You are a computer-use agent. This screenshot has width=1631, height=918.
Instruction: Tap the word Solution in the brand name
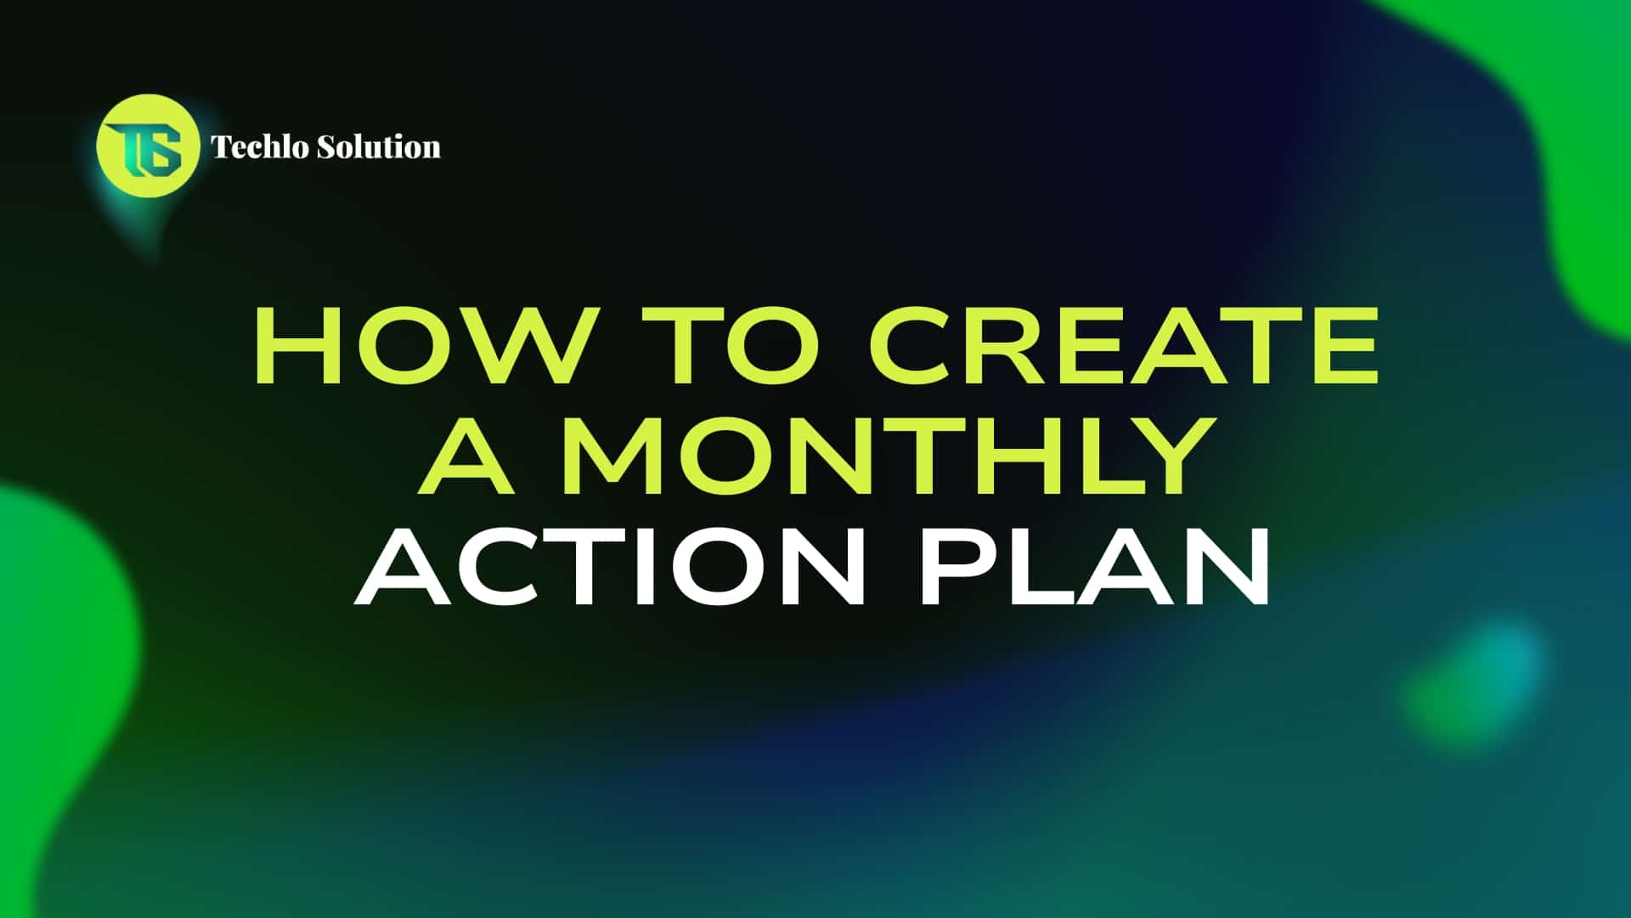tap(379, 146)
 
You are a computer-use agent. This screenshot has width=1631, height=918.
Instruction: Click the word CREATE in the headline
tap(1124, 345)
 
